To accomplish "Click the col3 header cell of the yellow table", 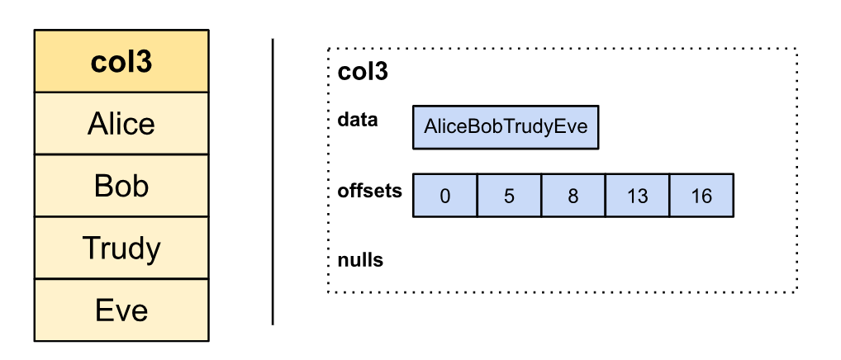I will (x=121, y=62).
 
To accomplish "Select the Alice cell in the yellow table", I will (x=121, y=124).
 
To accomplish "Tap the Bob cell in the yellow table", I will (x=121, y=186).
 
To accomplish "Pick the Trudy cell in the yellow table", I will (x=121, y=248).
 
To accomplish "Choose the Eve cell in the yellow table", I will (x=121, y=310).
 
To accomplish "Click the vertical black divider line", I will (x=273, y=182).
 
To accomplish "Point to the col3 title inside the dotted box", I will (x=363, y=72).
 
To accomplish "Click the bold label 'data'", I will (x=358, y=120).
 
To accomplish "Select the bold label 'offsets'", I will (x=369, y=191).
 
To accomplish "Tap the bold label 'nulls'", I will (x=360, y=260).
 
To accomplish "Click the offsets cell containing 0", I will (x=444, y=196).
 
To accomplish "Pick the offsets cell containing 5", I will (x=509, y=196).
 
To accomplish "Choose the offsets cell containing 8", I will (x=573, y=196).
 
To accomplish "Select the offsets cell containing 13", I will (x=637, y=196).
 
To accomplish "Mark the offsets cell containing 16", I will (x=701, y=196).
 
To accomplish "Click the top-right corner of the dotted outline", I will (x=796, y=50).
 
